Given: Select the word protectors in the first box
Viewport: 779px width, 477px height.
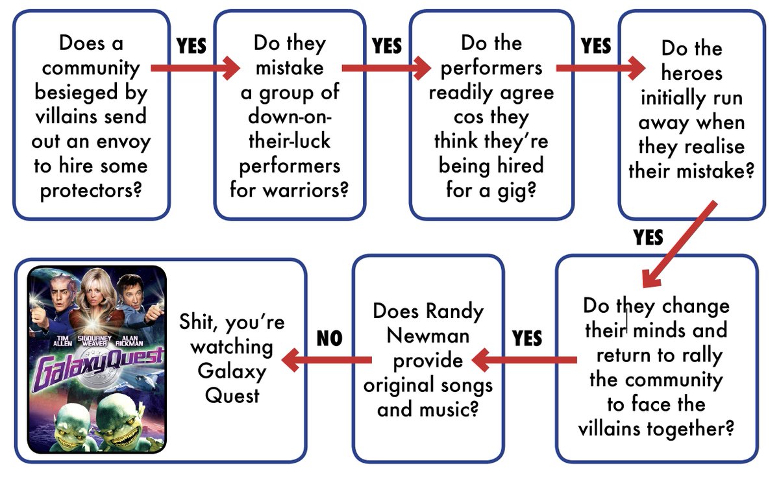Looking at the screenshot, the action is (x=90, y=191).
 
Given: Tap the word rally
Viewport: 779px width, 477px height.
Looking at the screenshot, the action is (x=701, y=355).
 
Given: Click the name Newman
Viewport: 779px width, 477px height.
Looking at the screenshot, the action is (x=428, y=336).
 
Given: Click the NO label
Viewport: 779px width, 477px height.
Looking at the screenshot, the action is (x=329, y=338).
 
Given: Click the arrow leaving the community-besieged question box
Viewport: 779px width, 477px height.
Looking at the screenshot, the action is (x=195, y=67).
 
